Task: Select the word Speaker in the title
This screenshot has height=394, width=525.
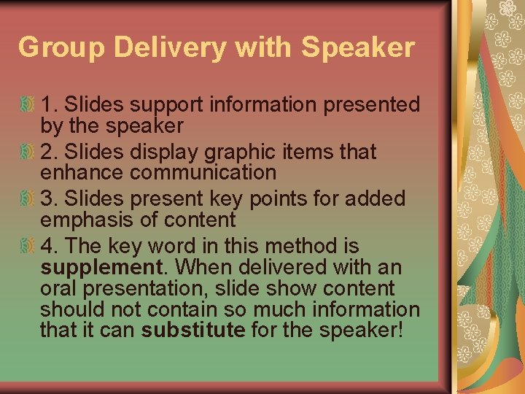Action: [357, 47]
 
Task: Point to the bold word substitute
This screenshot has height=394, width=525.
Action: [193, 329]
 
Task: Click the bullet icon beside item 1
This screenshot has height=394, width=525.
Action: [27, 105]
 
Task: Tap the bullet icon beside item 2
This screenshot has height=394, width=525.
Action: [27, 152]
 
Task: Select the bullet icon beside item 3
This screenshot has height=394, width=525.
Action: [27, 198]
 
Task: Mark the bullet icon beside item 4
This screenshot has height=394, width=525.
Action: [27, 246]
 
